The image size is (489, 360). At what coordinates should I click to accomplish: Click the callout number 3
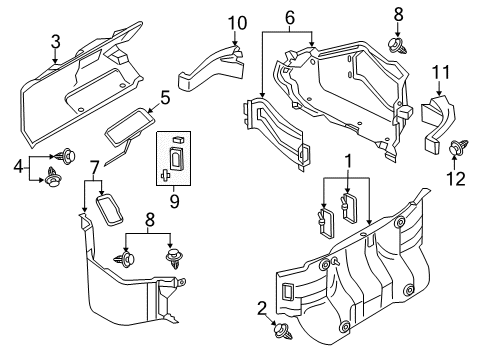[x=57, y=41]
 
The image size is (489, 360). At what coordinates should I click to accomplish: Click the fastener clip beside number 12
[x=460, y=149]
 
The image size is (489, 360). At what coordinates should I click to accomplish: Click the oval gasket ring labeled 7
[x=106, y=212]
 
